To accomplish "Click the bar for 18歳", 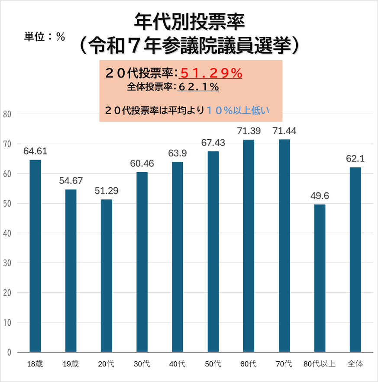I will point(35,256).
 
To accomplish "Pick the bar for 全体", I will point(355,260).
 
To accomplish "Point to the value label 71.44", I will point(284,131).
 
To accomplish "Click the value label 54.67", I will point(71,181).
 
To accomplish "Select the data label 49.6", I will point(320,196).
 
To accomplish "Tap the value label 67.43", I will point(213,143).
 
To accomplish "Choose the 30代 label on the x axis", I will point(142,364).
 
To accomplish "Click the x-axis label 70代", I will point(284,364).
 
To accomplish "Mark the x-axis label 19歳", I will point(71,364).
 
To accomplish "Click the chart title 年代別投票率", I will point(190,20).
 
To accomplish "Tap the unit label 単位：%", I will point(45,37).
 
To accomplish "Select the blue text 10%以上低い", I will point(238,110).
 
